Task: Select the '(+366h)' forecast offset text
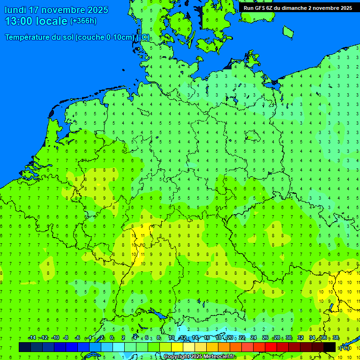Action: pyautogui.click(x=83, y=21)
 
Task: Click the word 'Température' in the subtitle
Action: pyautogui.click(x=28, y=37)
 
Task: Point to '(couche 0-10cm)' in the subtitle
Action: pyautogui.click(x=105, y=37)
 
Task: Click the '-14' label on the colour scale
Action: pyautogui.click(x=32, y=338)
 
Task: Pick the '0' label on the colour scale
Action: pyautogui.click(x=112, y=338)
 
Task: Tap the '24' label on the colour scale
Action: pyautogui.click(x=254, y=338)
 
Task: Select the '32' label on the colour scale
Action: pyautogui.click(x=300, y=338)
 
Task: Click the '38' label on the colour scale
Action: pyautogui.click(x=336, y=338)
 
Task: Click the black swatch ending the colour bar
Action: pyautogui.click(x=330, y=347)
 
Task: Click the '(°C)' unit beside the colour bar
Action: pyautogui.click(x=345, y=347)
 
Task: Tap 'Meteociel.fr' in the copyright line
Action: pyautogui.click(x=220, y=357)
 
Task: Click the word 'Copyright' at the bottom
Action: pyautogui.click(x=176, y=357)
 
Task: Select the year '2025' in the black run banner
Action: pyautogui.click(x=345, y=8)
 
